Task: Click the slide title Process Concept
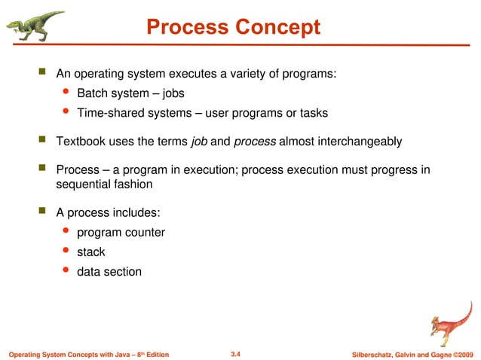(233, 28)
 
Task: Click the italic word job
(200, 141)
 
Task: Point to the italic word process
(255, 141)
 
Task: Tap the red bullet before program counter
(65, 231)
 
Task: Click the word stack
(90, 252)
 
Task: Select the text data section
(109, 271)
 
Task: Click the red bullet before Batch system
(65, 93)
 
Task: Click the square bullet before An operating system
(42, 73)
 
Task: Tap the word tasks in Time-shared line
(312, 113)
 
